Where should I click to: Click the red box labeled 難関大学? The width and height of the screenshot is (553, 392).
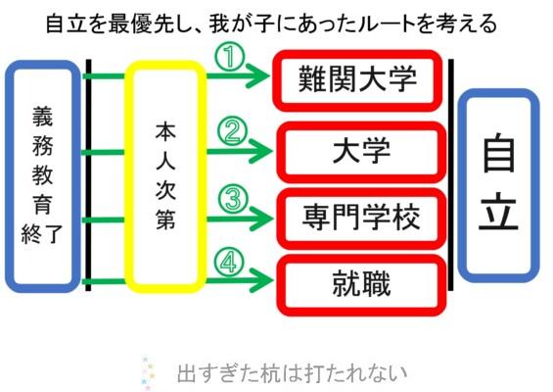point(357,53)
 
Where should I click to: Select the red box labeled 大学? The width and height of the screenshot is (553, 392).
point(361,125)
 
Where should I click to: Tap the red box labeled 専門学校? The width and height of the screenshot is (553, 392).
point(361,192)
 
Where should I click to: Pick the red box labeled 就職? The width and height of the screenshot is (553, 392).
point(361,258)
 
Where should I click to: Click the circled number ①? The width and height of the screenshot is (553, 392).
point(230,57)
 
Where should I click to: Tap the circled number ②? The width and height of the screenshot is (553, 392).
point(232,130)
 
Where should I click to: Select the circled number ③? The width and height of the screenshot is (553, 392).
point(233,199)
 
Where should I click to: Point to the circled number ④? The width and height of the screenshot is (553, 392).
point(229,262)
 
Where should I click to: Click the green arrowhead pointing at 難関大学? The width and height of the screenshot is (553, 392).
point(261,75)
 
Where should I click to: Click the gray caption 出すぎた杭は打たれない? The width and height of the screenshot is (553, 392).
point(292,373)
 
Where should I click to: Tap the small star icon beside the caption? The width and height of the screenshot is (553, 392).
point(149,373)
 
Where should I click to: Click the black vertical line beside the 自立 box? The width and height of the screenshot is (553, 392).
point(451,174)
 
